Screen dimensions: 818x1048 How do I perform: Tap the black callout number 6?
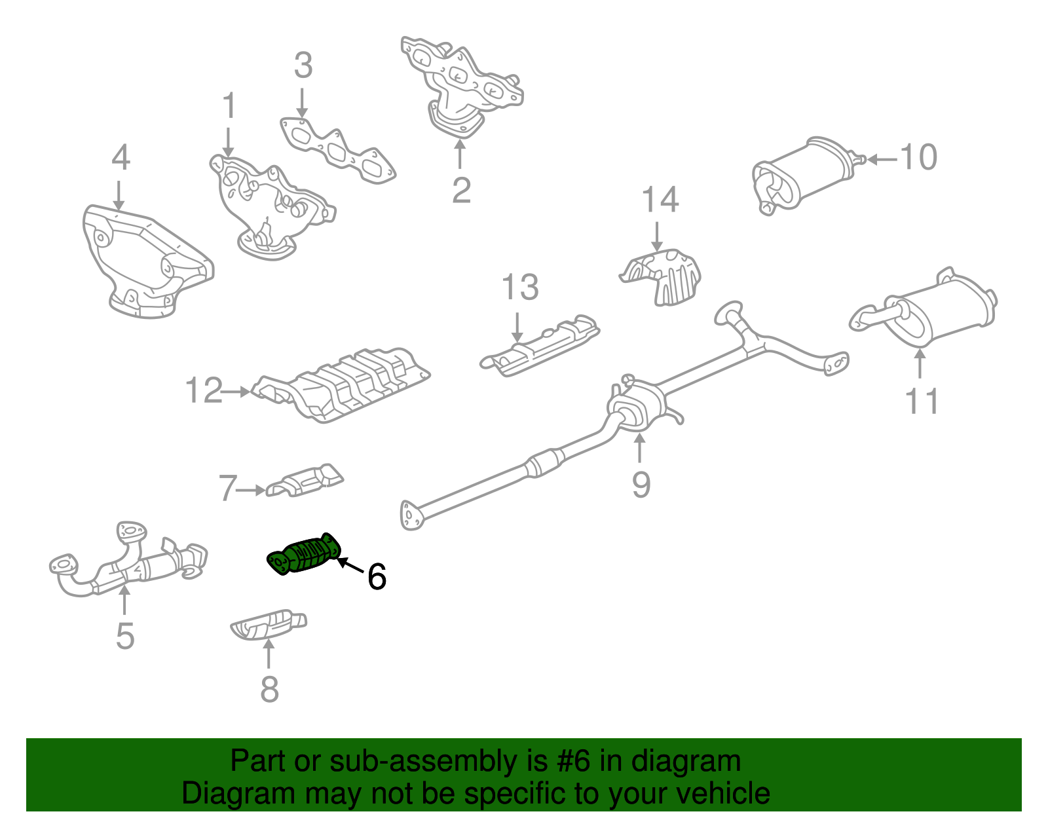(377, 576)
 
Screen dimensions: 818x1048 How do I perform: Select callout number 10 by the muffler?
(918, 157)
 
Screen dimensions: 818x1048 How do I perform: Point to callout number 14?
(660, 200)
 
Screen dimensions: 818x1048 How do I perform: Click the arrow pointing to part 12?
(236, 392)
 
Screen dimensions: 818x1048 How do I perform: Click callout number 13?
(520, 288)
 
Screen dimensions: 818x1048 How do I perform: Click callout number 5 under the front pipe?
(124, 636)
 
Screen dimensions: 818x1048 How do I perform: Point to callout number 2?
(461, 190)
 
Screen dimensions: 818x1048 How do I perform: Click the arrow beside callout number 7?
(252, 489)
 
